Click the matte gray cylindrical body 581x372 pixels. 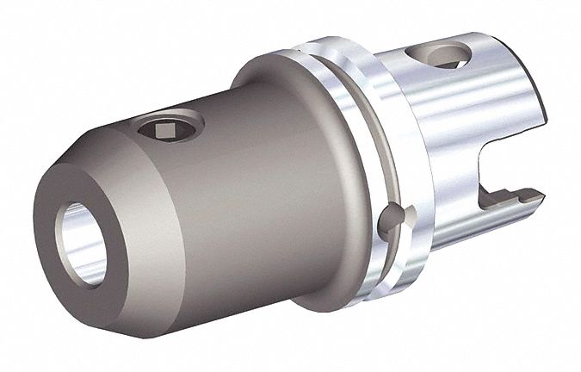tap(224, 207)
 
